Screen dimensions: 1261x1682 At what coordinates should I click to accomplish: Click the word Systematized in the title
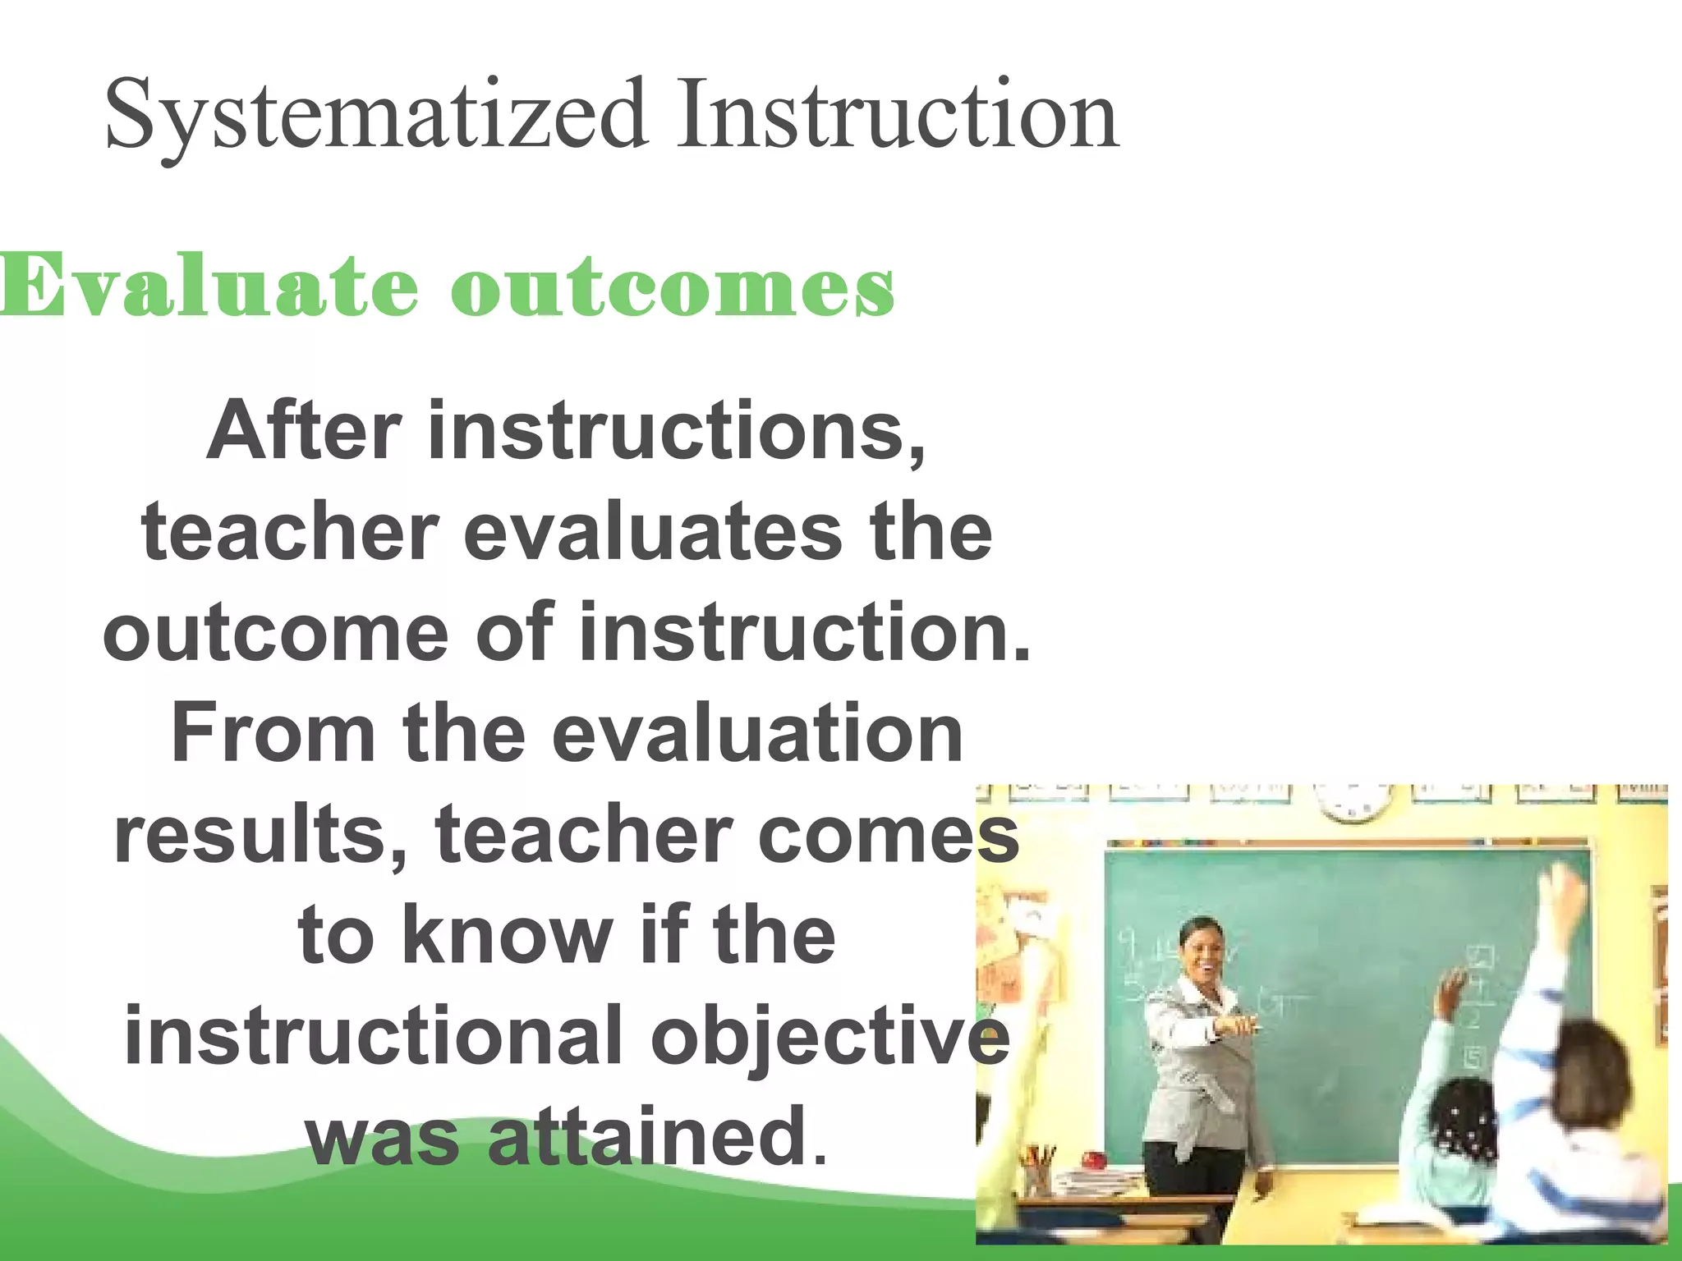tap(374, 115)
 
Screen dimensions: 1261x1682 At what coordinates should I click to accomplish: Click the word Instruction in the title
tap(897, 115)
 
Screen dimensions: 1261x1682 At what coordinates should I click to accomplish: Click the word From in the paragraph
tap(272, 732)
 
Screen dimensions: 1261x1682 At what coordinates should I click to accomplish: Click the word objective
tap(830, 1039)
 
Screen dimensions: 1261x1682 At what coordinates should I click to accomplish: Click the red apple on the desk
tap(1093, 1160)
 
